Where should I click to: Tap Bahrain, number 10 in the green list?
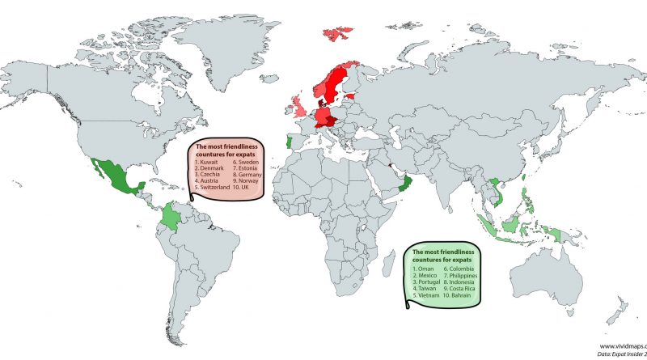click(x=460, y=296)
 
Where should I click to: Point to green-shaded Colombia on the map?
click(x=171, y=216)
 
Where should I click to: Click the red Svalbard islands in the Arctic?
click(x=338, y=34)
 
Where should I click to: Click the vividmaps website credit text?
click(x=622, y=344)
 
